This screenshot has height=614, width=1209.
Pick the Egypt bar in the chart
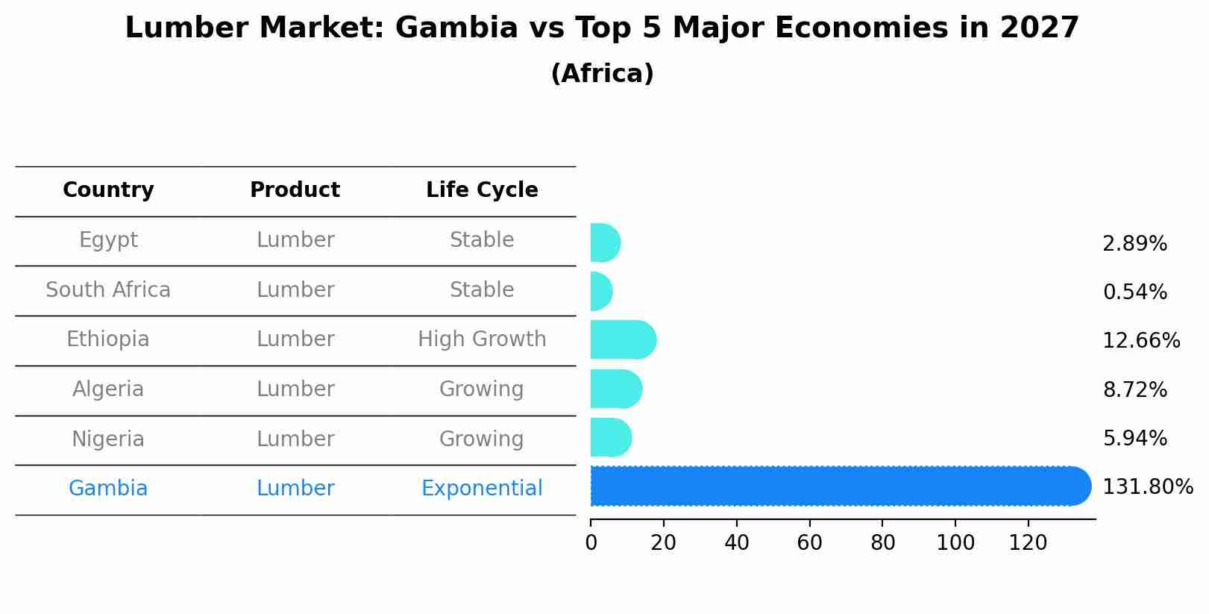(605, 242)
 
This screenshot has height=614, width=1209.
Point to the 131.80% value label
(1147, 487)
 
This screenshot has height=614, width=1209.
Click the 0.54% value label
(1134, 292)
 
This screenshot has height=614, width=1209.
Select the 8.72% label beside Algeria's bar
(1134, 389)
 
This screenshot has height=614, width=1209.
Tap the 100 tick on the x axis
(955, 543)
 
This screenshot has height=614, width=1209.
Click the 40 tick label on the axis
(736, 543)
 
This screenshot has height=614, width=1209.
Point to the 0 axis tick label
(591, 543)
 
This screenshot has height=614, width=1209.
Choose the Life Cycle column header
(482, 190)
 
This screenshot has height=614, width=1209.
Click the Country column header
(108, 190)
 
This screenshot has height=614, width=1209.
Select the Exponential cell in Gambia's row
(482, 489)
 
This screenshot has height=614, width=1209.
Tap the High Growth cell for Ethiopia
(482, 339)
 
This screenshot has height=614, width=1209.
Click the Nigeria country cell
(108, 439)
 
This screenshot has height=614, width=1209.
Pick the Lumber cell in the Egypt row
(295, 240)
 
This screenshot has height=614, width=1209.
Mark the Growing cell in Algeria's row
(481, 389)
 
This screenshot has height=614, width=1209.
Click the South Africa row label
(108, 289)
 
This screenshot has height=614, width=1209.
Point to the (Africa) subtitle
(602, 74)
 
